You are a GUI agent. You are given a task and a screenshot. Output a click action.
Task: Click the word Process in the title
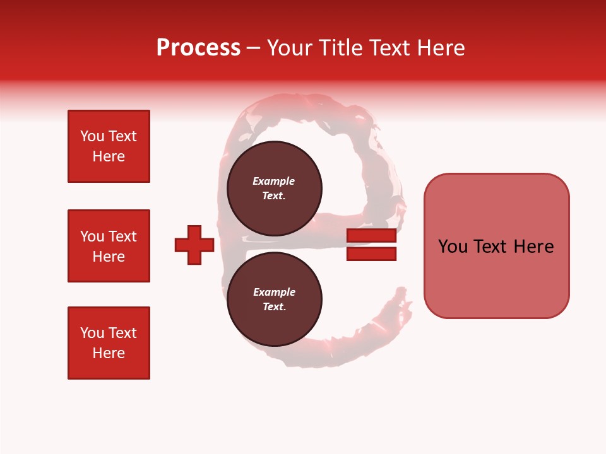click(x=198, y=48)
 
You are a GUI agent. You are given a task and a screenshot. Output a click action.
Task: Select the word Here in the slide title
click(x=439, y=48)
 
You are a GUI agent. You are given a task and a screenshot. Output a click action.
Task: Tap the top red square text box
click(x=109, y=146)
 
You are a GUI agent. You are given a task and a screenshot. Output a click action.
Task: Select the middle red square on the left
click(x=109, y=246)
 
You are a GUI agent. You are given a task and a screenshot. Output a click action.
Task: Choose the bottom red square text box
click(x=109, y=343)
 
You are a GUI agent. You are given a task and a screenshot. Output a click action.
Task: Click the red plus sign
click(x=194, y=245)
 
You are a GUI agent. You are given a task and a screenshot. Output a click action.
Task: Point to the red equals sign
click(x=371, y=245)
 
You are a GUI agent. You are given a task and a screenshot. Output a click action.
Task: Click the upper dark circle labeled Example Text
click(x=274, y=189)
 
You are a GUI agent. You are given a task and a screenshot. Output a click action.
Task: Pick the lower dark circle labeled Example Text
click(x=274, y=300)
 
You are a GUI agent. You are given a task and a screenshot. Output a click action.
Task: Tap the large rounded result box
click(x=496, y=246)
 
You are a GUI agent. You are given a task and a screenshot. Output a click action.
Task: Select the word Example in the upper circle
click(x=274, y=181)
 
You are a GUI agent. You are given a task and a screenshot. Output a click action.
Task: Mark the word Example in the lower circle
click(x=274, y=292)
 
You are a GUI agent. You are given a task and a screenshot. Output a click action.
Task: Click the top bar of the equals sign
click(x=371, y=236)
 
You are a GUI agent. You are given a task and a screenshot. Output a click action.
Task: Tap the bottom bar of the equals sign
click(x=371, y=254)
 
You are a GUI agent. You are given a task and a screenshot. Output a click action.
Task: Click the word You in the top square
click(x=92, y=136)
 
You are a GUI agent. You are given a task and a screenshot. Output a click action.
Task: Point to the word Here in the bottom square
click(x=109, y=353)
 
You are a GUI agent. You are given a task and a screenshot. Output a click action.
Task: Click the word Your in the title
click(x=290, y=48)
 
